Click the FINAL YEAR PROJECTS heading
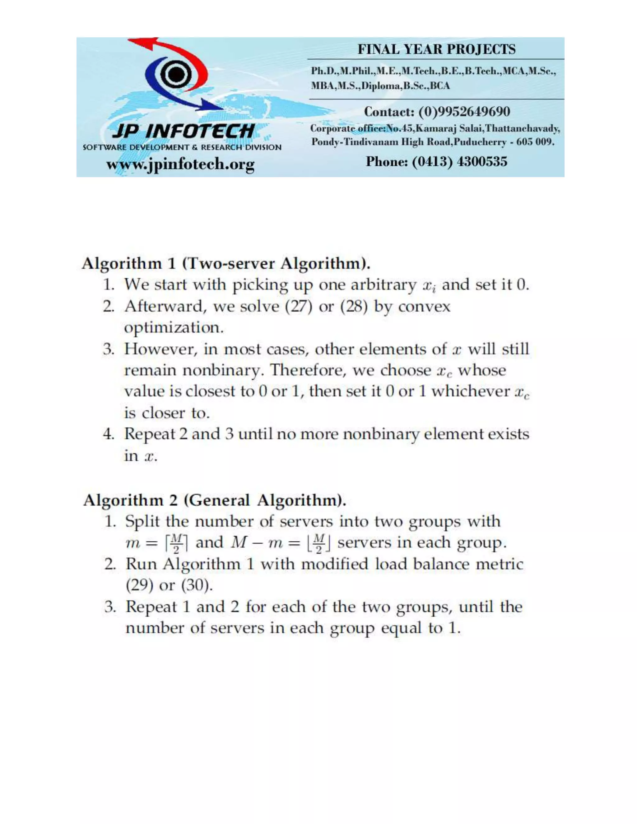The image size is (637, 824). coord(436,49)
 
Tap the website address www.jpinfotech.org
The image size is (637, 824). coord(180,164)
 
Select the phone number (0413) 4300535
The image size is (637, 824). coord(459,161)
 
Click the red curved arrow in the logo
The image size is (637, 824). coord(177,57)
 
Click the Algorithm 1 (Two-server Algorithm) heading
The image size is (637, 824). coord(226,263)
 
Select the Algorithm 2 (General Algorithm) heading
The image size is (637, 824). coord(214,500)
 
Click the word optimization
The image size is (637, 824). coord(174,327)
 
